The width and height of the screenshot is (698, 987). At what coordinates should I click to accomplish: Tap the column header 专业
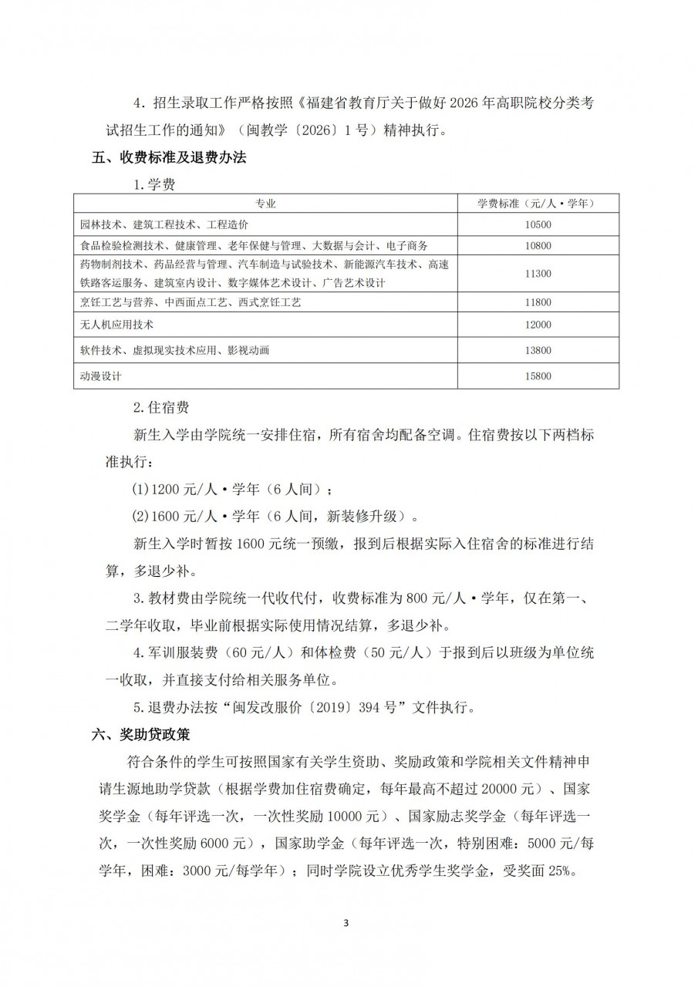point(265,204)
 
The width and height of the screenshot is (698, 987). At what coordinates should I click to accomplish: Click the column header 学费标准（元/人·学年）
point(538,204)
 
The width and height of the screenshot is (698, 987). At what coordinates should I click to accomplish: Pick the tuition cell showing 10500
point(538,225)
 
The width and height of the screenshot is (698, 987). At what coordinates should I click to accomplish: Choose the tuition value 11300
point(538,274)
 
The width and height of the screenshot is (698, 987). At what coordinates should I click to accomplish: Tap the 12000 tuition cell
point(538,325)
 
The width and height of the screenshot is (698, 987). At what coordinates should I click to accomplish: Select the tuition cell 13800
point(538,351)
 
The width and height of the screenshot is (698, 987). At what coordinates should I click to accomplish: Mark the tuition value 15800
point(538,376)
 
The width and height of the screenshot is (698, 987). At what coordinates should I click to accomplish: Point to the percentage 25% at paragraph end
point(578,871)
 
